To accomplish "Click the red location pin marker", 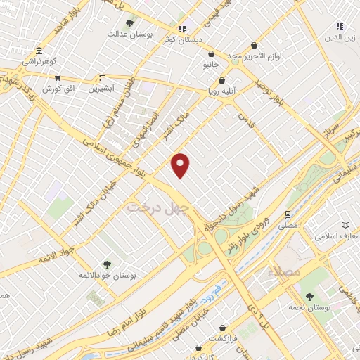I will pyautogui.click(x=181, y=165).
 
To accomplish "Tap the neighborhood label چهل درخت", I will pyautogui.click(x=150, y=207).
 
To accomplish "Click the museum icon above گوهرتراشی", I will pyautogui.click(x=38, y=51).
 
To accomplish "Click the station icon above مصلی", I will pyautogui.click(x=288, y=214).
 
